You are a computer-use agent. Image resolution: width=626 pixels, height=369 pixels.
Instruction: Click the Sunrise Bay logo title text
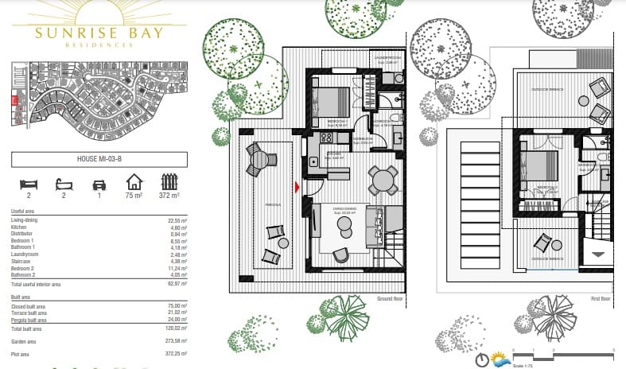tap(99, 33)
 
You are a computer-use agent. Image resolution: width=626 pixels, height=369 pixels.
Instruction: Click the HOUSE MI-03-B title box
tap(99, 159)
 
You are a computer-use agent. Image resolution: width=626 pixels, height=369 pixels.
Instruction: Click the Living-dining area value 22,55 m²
tap(177, 219)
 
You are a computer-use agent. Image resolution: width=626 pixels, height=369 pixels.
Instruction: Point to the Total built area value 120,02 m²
tap(176, 328)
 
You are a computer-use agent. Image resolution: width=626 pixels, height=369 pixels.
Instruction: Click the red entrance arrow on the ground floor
tap(297, 187)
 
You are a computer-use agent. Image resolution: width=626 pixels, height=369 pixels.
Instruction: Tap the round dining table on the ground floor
tap(384, 180)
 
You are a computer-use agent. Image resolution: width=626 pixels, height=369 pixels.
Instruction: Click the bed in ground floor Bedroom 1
tap(329, 103)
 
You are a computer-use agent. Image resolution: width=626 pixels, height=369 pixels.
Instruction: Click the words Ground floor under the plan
tap(391, 299)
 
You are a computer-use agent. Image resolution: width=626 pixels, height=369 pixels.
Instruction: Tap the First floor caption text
tap(601, 299)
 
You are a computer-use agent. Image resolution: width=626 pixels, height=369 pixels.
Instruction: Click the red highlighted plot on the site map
tap(14, 100)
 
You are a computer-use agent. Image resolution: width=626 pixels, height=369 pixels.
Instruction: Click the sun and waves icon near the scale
tap(500, 359)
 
